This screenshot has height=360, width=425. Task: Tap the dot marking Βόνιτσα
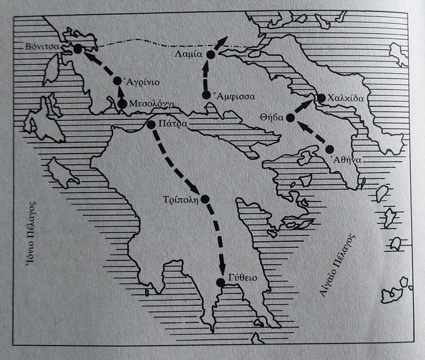click(77, 50)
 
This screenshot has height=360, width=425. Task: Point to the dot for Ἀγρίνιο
click(117, 80)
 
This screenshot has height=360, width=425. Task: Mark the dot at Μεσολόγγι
click(122, 104)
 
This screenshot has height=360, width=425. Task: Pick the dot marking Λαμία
click(210, 55)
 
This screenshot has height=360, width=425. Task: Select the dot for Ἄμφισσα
click(206, 95)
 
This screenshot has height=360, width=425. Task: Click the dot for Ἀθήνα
click(329, 149)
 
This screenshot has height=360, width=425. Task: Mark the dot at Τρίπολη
click(206, 199)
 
